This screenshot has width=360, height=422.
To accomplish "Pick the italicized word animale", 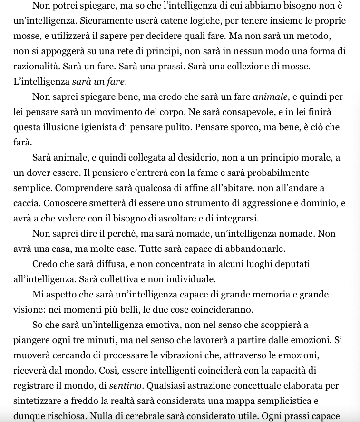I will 270,97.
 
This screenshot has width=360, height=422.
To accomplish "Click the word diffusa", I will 113,264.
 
